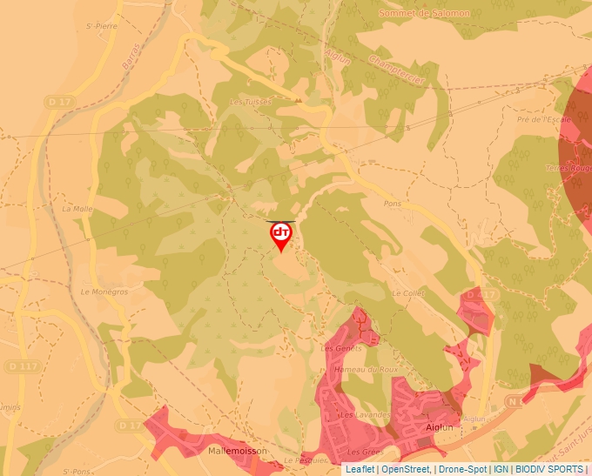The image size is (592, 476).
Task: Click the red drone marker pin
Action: coord(281,236)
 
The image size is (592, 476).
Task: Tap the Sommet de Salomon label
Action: coord(425,13)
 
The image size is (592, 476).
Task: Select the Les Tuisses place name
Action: coord(251,102)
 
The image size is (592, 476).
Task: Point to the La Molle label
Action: coord(77,209)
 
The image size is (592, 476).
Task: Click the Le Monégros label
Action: coord(104,292)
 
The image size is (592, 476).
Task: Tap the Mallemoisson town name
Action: coord(237,451)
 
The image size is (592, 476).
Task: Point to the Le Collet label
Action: coord(407,293)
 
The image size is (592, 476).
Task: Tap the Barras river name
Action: coord(131,59)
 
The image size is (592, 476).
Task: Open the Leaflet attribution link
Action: coord(360,469)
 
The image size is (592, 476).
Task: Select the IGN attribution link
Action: coord(501,469)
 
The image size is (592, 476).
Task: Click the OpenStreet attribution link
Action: coord(405,469)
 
